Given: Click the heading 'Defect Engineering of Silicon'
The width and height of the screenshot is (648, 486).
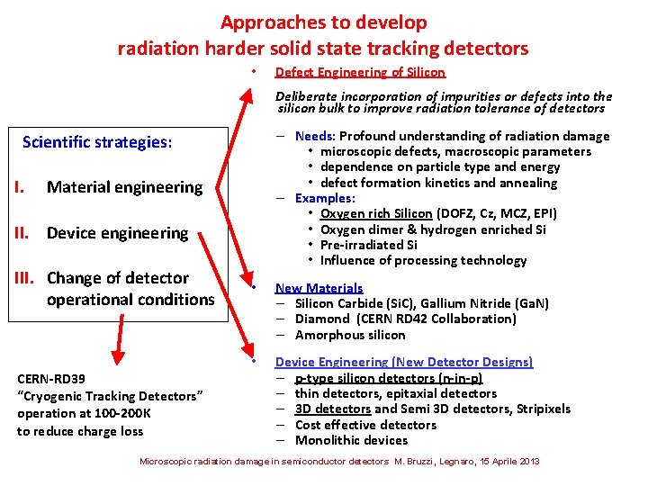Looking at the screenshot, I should click(359, 72).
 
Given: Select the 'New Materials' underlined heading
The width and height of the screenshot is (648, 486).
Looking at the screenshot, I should click(319, 288).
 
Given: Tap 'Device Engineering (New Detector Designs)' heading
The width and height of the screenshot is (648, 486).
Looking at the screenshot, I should click(403, 362).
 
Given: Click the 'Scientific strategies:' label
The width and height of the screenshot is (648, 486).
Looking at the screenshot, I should click(96, 142).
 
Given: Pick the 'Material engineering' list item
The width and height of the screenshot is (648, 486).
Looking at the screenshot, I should click(124, 187).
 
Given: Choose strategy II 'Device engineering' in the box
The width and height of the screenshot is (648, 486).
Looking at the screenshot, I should click(117, 233).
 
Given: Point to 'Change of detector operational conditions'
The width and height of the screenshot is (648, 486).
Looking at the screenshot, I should click(130, 289).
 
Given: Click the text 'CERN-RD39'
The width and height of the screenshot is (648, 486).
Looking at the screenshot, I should click(51, 379).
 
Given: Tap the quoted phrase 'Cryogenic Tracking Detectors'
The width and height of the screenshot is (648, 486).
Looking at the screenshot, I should click(111, 396).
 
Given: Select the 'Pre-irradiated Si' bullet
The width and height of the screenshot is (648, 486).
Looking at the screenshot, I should click(368, 245).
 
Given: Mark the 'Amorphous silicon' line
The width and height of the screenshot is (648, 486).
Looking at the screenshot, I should click(350, 335).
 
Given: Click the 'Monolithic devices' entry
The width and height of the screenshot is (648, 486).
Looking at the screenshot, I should click(351, 440).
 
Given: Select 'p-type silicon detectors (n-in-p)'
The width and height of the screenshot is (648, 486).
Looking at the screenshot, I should click(388, 378).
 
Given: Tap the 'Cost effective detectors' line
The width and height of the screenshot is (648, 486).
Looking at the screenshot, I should click(365, 425).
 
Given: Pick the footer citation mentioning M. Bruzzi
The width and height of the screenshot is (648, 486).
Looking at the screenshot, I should click(339, 462).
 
